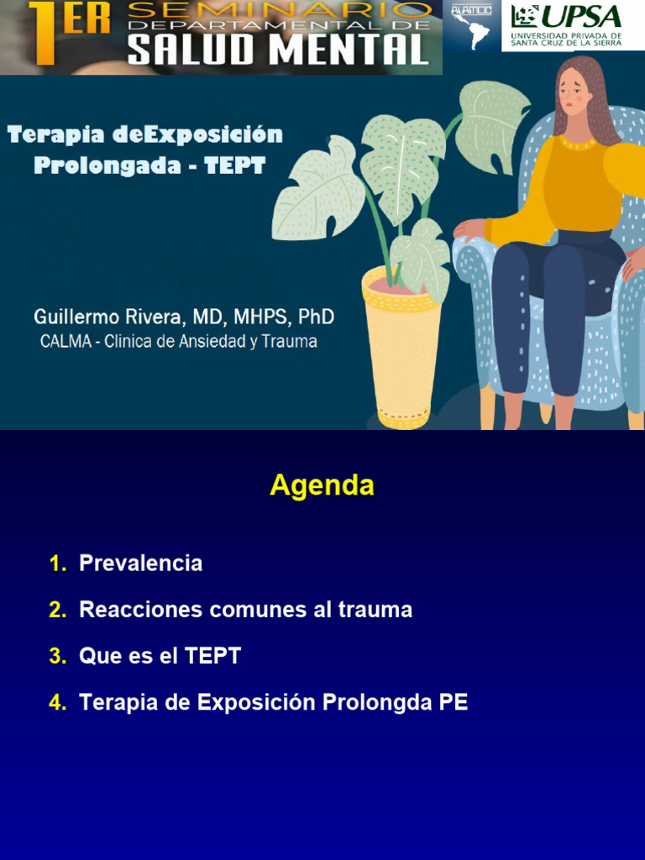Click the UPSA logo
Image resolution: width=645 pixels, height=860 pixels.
573,25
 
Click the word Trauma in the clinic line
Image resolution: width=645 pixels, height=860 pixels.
288,342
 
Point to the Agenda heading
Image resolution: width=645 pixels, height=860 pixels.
322,485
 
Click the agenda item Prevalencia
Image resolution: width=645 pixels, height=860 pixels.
140,563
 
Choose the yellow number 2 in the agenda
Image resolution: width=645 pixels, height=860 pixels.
57,610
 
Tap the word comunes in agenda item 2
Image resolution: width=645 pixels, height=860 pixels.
257,610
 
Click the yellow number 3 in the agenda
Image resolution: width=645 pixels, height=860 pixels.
57,657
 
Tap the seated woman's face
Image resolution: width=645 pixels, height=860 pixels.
574,92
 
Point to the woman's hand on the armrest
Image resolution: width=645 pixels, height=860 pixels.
469,229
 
